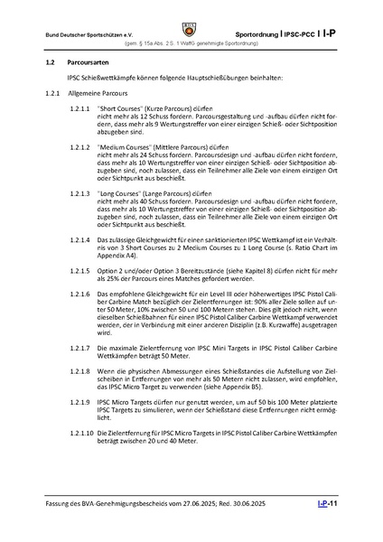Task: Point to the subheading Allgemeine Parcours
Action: (x=103, y=94)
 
